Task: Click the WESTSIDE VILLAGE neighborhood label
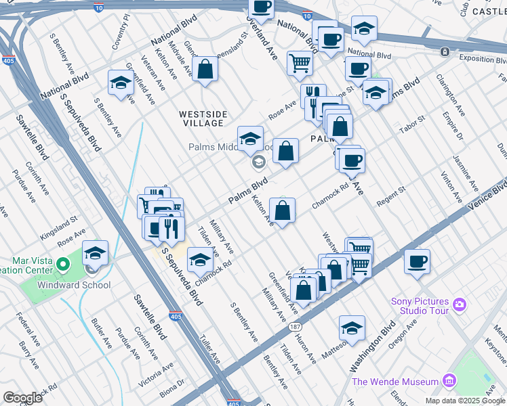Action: point(203,118)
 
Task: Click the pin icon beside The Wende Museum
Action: point(448,382)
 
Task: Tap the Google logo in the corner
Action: point(22,397)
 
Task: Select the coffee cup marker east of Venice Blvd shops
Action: point(417,261)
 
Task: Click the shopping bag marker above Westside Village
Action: point(205,69)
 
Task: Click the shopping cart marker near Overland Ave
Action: point(300,64)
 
